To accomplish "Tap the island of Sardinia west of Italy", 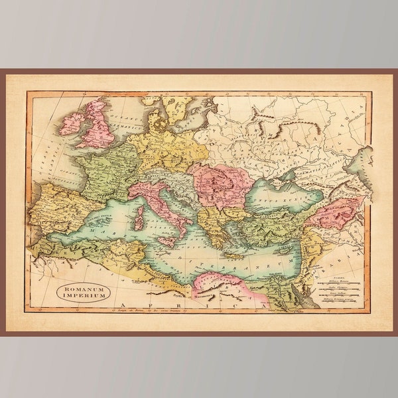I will click(139, 217).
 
